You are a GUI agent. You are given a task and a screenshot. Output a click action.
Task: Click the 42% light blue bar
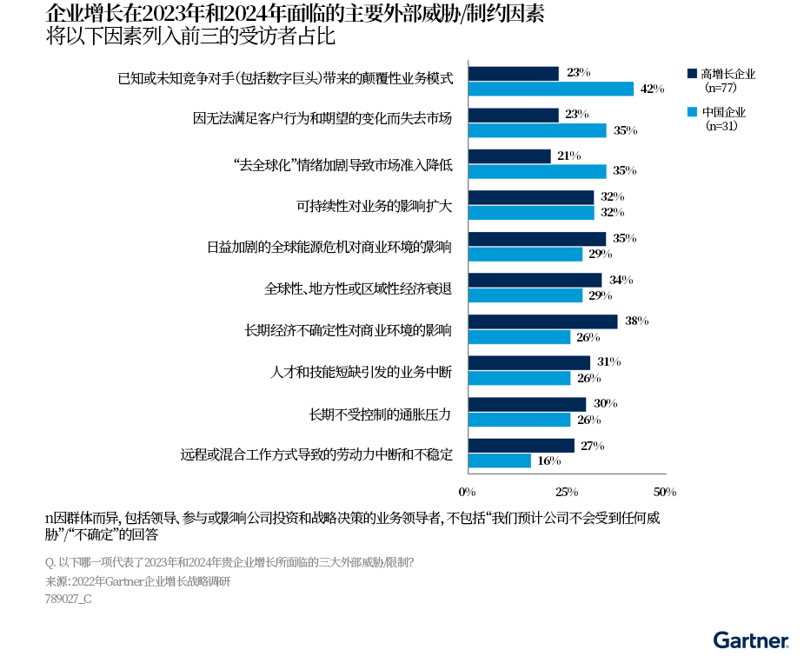click(551, 89)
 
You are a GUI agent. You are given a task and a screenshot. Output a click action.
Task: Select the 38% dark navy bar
click(543, 321)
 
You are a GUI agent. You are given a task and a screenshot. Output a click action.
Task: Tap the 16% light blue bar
click(500, 461)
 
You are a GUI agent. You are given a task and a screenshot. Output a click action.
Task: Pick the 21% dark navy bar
click(509, 156)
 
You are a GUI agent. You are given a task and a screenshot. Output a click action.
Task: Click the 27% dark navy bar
click(522, 446)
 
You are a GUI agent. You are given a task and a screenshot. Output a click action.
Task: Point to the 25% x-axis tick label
click(567, 492)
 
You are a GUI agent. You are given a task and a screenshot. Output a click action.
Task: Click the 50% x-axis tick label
click(665, 492)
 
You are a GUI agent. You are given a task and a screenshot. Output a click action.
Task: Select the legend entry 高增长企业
click(728, 74)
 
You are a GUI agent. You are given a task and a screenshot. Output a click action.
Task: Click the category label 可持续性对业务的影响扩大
click(375, 206)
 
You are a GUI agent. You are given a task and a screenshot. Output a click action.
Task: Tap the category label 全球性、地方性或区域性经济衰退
click(358, 288)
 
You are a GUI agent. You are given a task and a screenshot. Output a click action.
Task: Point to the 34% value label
click(621, 280)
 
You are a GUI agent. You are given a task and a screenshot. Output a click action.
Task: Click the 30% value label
click(606, 404)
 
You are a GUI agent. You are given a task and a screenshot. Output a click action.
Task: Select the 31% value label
click(608, 362)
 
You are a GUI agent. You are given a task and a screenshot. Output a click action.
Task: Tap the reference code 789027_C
click(68, 599)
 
